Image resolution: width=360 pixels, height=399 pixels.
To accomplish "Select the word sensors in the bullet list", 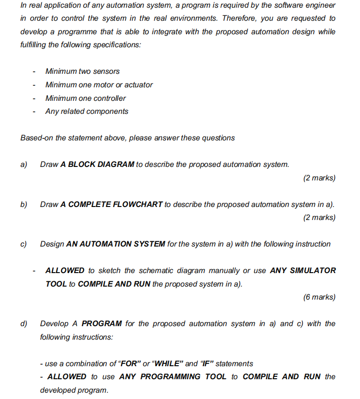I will [x=106, y=71].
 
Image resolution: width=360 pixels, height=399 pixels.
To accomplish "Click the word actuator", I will [x=138, y=85].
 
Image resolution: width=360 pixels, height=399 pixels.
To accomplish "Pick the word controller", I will [x=107, y=98].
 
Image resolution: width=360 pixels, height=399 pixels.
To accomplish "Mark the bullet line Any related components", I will [x=87, y=111].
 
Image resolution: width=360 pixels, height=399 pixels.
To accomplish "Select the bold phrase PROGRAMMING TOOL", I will [x=173, y=376].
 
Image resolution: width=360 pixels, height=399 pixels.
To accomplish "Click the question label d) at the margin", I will [x=24, y=324].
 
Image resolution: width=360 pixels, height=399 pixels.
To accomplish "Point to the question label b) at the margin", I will [x=24, y=205].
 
